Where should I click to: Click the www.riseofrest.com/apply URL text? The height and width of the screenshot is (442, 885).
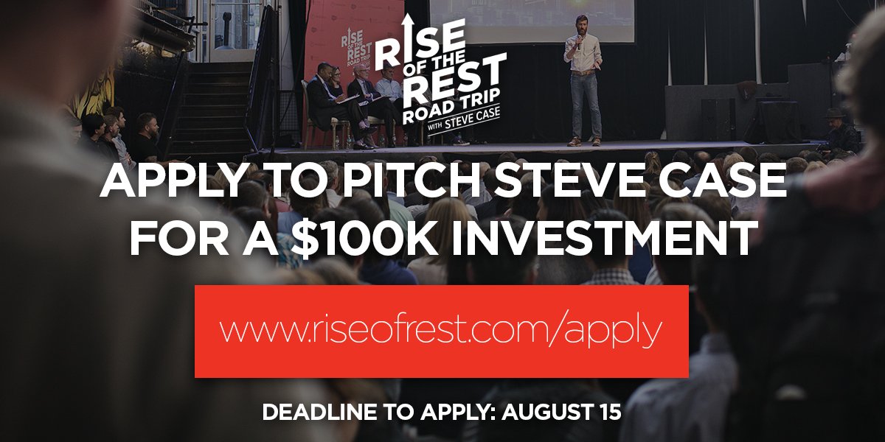coord(441,331)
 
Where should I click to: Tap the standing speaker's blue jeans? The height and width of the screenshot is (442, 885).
coord(584,107)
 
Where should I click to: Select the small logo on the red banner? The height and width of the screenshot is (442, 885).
coord(354,43)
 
